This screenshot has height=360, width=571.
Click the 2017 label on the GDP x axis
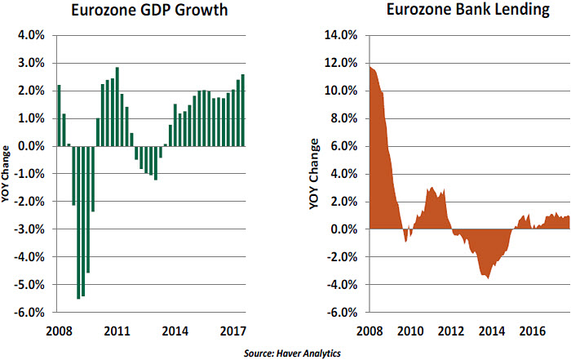point(234,332)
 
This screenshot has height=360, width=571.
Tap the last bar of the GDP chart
point(243,110)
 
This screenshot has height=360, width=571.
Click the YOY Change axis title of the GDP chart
point(7,174)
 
